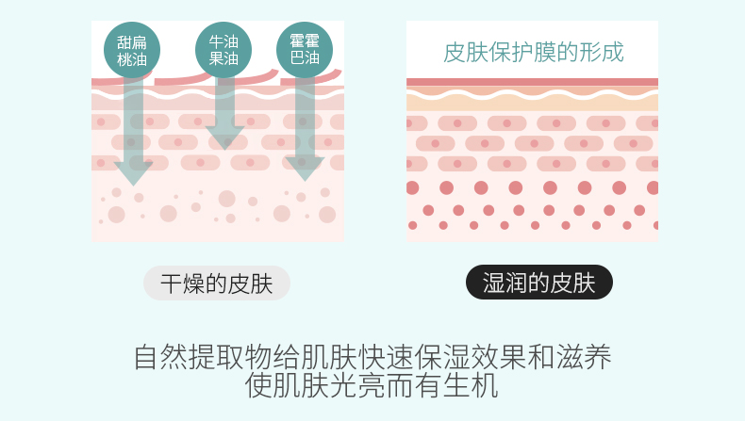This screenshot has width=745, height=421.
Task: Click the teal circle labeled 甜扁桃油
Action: click(131, 50)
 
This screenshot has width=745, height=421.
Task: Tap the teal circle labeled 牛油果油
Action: click(223, 50)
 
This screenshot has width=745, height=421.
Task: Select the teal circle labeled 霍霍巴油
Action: click(305, 50)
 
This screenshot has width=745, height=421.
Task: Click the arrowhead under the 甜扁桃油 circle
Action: click(133, 171)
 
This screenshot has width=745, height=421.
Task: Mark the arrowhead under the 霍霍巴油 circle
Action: click(305, 168)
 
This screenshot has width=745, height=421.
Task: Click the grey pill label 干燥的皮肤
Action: click(216, 283)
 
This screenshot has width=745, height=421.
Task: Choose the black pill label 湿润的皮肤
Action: click(539, 283)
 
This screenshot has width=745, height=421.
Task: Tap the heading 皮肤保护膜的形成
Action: click(533, 51)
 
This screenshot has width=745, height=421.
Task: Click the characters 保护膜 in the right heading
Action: click(533, 51)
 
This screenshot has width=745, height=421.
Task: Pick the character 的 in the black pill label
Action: click(539, 283)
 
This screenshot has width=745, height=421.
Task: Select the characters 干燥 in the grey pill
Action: click(181, 283)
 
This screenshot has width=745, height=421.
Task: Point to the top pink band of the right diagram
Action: click(532, 82)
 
